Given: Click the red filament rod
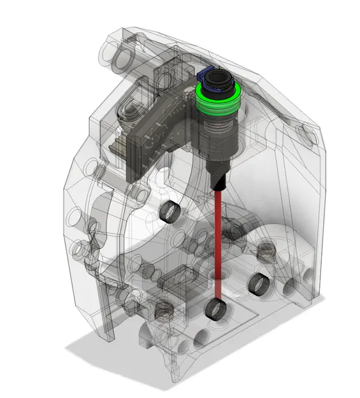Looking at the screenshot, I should click(x=218, y=242).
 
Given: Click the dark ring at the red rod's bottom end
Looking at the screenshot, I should click(x=216, y=310).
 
